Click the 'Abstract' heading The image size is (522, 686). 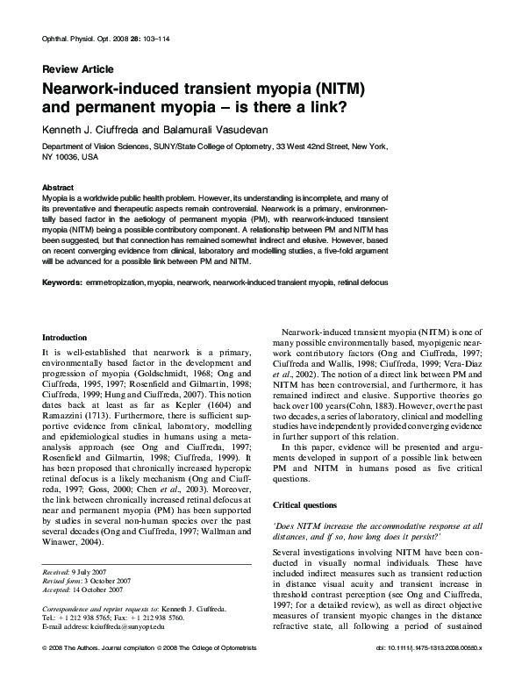pyautogui.click(x=59, y=188)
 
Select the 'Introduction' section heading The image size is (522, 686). pyautogui.click(x=65, y=337)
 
